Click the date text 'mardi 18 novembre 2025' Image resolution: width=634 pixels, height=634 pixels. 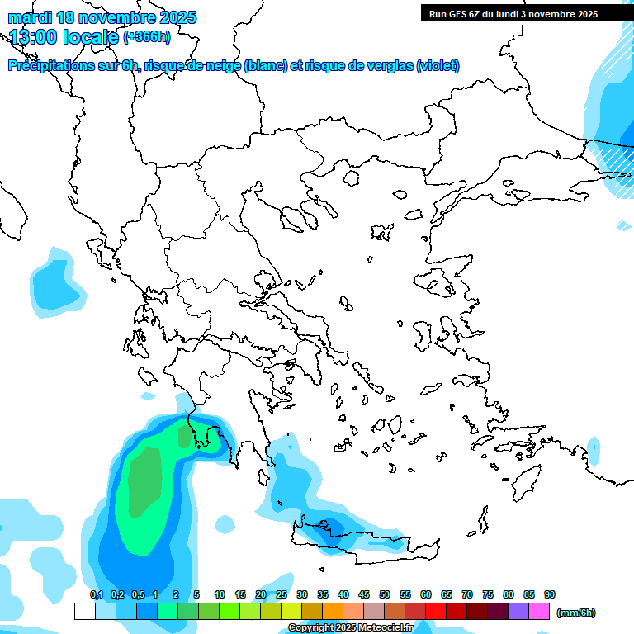click(x=102, y=17)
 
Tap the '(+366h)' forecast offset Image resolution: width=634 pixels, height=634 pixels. click(x=147, y=36)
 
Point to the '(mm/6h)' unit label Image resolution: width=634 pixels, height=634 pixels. click(x=575, y=613)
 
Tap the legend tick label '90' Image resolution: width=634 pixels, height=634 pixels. click(x=549, y=594)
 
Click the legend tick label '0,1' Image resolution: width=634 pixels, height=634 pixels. click(x=96, y=594)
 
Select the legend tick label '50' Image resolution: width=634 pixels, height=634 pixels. click(x=385, y=594)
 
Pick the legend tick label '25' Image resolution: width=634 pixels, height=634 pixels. click(x=282, y=594)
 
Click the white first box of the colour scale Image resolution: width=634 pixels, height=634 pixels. click(x=84, y=611)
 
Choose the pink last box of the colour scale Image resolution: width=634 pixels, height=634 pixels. click(x=539, y=611)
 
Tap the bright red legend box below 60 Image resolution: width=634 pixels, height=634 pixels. click(x=436, y=611)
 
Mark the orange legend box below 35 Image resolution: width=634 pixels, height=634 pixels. click(x=333, y=611)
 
